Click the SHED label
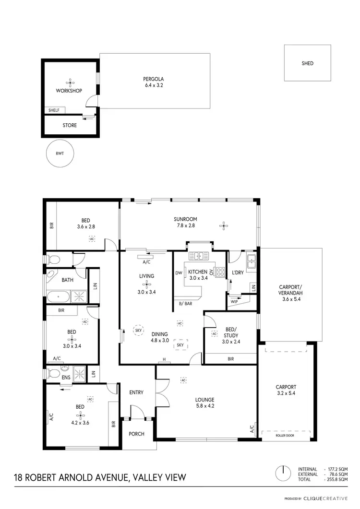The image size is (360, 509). click(x=307, y=63)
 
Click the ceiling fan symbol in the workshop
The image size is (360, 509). click(x=69, y=82)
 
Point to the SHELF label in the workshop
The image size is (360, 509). click(x=54, y=110)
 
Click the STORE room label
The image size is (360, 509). click(x=70, y=126)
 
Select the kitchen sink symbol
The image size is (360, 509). click(x=197, y=255)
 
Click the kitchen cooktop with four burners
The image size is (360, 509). click(x=221, y=272)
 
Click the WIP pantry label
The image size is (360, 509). click(x=234, y=302)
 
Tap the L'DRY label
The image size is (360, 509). click(x=238, y=273)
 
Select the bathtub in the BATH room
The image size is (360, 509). click(x=59, y=297)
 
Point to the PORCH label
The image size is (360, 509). click(x=137, y=434)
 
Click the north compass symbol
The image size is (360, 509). click(x=283, y=472)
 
